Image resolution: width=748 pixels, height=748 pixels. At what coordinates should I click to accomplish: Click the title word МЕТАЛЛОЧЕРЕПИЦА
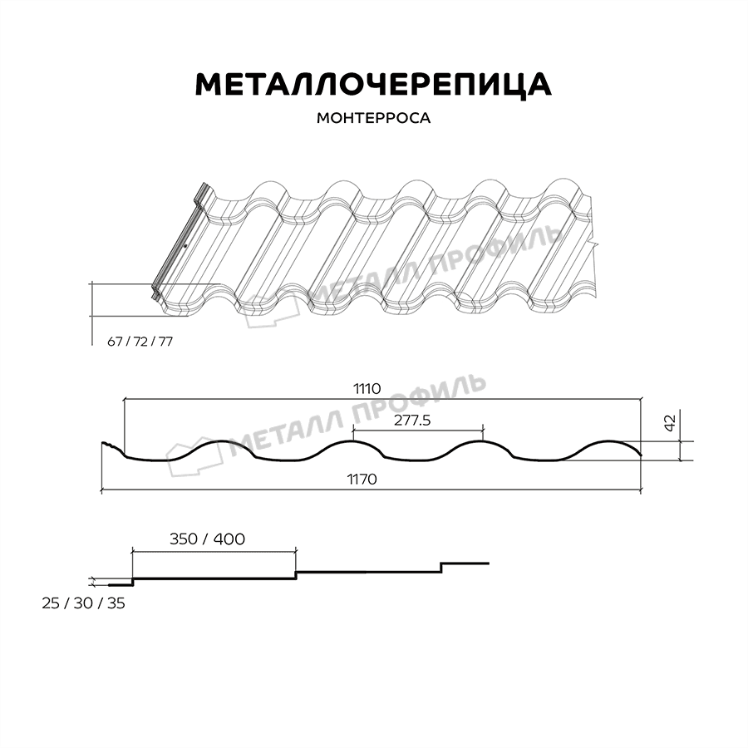(373, 84)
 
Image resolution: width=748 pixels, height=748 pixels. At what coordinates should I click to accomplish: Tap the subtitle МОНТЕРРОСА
(373, 118)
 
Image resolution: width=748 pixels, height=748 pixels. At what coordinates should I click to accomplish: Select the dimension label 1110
(366, 388)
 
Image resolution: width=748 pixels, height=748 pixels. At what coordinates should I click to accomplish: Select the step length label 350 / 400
(208, 539)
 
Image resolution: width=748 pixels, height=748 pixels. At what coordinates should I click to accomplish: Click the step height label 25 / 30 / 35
(83, 603)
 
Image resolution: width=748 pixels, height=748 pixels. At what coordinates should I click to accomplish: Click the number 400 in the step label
(229, 539)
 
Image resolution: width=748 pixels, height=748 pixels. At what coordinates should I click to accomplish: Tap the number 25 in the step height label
(51, 603)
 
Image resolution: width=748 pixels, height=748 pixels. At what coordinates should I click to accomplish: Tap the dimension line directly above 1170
(371, 491)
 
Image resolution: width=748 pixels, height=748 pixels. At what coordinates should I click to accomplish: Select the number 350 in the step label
(185, 539)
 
